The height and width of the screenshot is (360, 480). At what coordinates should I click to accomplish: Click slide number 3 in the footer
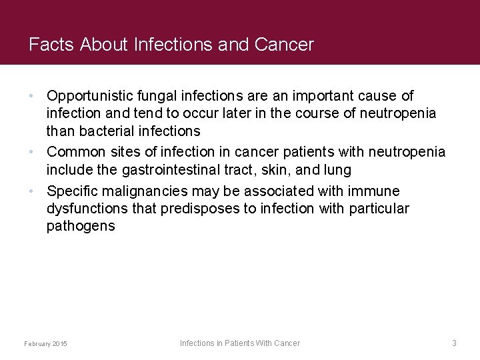pyautogui.click(x=454, y=343)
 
